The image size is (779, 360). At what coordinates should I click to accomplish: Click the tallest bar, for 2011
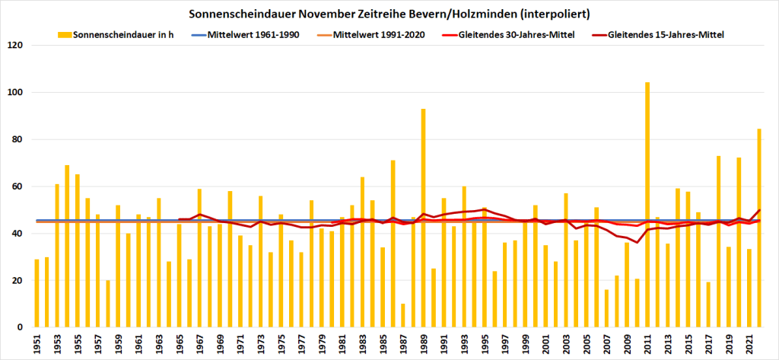pyautogui.click(x=647, y=205)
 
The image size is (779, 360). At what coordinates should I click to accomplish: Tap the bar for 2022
pyautogui.click(x=759, y=228)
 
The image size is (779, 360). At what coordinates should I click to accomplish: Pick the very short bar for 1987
pyautogui.click(x=402, y=316)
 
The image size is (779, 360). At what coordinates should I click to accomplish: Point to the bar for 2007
pyautogui.click(x=606, y=308)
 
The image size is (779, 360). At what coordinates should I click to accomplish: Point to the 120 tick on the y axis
pyautogui.click(x=16, y=46)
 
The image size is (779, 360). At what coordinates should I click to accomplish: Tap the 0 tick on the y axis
pyautogui.click(x=21, y=327)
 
